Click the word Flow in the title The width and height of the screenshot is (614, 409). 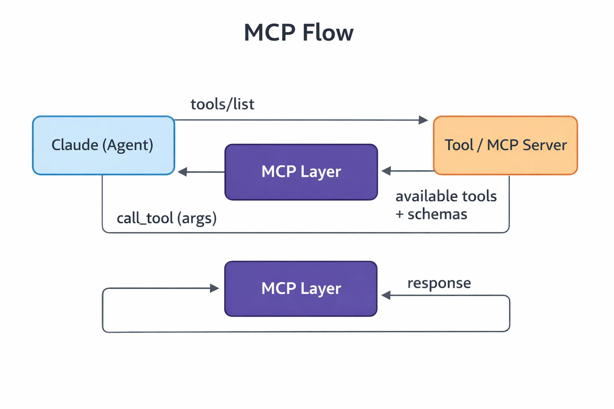tap(328, 33)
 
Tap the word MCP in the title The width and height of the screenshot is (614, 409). tap(270, 33)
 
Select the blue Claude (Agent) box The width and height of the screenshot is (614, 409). tap(103, 145)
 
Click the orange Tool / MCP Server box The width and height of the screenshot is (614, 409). tap(505, 145)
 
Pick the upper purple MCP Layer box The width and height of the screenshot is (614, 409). tap(301, 172)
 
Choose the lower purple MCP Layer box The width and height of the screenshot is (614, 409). tap(301, 288)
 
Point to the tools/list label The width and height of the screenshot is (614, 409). tap(222, 104)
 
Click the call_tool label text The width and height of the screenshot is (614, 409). tap(145, 218)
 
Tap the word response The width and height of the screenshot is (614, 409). tap(439, 283)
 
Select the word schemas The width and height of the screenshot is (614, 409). tap(437, 214)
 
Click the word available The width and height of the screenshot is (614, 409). tap(427, 196)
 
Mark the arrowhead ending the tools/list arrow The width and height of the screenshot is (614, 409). tap(423, 120)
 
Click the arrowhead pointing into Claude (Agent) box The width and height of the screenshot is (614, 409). tap(182, 172)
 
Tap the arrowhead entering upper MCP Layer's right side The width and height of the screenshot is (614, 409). tap(386, 171)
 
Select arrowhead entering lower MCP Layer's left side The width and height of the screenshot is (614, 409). tap(215, 288)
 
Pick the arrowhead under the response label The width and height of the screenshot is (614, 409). tap(386, 296)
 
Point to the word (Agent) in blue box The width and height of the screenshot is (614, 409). tap(128, 145)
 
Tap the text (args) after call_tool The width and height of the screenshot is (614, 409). tap(197, 218)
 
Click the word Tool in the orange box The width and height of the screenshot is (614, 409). tap(459, 145)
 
